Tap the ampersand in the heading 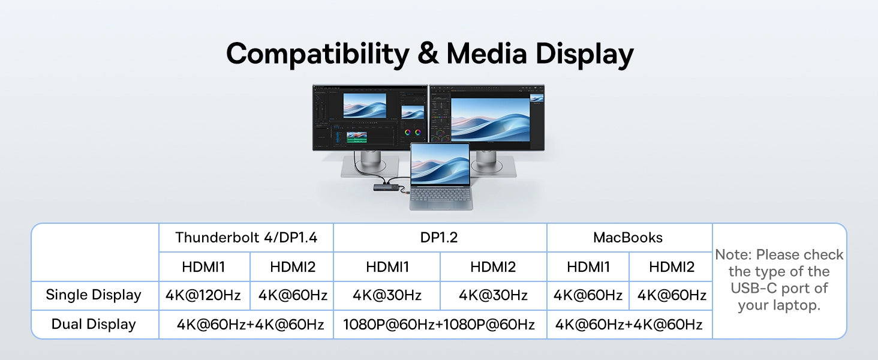tap(428, 53)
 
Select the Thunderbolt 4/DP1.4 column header tap(246, 238)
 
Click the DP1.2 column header tap(439, 238)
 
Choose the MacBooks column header tap(628, 238)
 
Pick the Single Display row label tap(94, 295)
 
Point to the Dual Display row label tap(94, 325)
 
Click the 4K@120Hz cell tap(203, 295)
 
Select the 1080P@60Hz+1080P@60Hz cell tap(439, 325)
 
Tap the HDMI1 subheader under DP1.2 tap(387, 267)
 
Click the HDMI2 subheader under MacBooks tap(672, 267)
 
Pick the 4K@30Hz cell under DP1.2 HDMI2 tap(493, 295)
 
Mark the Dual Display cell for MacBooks tap(629, 325)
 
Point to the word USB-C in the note tap(753, 288)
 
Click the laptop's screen tap(440, 164)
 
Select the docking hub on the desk tap(387, 188)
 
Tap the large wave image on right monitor tap(491, 119)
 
